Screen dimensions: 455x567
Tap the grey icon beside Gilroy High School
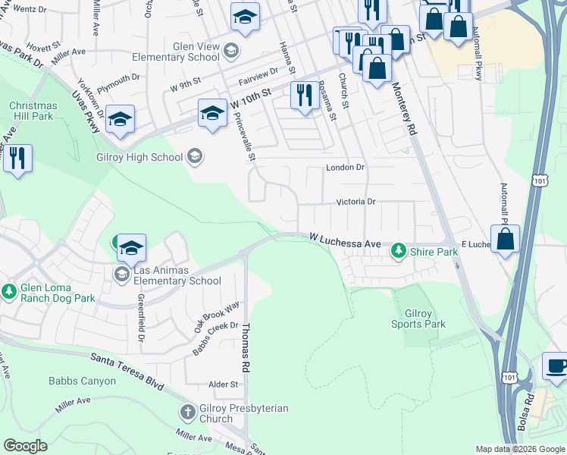click(195, 157)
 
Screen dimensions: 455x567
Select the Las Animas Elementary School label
click(177, 275)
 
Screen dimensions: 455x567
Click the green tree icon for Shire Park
click(397, 250)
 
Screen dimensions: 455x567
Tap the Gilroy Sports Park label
click(418, 318)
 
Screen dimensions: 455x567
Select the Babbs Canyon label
click(83, 381)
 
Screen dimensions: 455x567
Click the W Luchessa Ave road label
click(345, 240)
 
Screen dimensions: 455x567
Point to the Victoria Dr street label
click(356, 202)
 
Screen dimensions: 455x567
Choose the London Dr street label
click(345, 167)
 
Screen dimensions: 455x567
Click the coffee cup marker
click(557, 366)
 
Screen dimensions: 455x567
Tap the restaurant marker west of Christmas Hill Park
click(17, 158)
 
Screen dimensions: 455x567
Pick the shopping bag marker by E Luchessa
click(506, 238)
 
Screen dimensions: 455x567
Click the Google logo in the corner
click(25, 445)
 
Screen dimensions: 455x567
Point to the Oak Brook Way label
click(216, 315)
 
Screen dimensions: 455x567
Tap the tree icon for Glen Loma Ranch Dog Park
click(9, 291)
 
